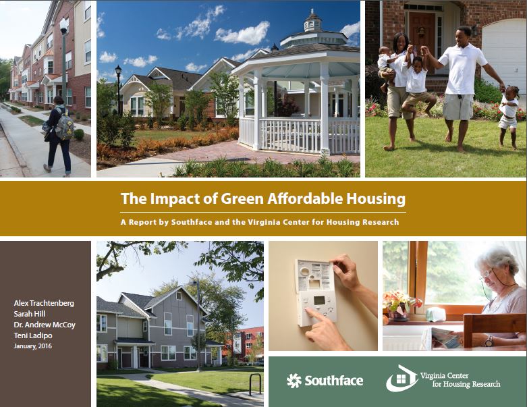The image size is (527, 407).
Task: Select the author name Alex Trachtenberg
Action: [x=45, y=303]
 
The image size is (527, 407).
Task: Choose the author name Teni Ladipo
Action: [x=32, y=335]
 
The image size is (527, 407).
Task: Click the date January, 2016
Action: [x=32, y=346]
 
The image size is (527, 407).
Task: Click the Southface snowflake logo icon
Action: [x=294, y=381]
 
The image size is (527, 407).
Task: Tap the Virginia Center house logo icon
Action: [x=401, y=379]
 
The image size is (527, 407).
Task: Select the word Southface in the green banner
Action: [x=333, y=381]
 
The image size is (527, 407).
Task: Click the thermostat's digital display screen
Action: [x=317, y=300]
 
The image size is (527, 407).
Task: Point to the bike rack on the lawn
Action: [x=254, y=383]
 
